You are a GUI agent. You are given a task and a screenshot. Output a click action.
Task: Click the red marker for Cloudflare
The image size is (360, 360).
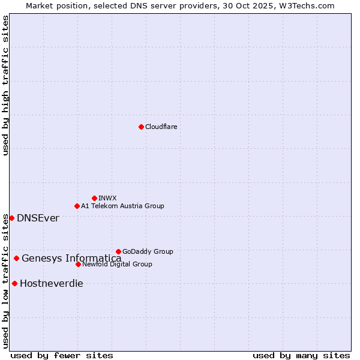(141, 127)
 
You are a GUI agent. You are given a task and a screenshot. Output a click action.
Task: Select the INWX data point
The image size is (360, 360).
(94, 198)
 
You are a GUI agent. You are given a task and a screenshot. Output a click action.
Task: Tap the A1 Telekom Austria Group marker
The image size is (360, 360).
(77, 206)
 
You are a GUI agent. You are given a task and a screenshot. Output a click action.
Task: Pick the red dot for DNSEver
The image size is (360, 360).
(11, 218)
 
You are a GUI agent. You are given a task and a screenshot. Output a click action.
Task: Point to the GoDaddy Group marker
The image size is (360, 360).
(118, 251)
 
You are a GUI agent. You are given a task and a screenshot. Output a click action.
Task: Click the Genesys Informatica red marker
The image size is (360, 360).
(16, 258)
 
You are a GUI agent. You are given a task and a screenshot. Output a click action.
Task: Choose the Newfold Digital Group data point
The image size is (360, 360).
(78, 264)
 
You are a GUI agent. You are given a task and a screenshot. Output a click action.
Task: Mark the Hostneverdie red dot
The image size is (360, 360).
(14, 283)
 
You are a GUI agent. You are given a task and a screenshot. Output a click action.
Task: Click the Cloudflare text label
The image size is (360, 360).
(161, 127)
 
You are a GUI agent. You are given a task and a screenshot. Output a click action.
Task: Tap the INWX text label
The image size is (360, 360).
(107, 198)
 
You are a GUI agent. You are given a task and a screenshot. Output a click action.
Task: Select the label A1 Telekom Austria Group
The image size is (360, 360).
(122, 206)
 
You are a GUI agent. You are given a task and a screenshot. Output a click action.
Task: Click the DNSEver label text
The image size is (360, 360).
(38, 218)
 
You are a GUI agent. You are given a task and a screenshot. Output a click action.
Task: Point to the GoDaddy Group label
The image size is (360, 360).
(148, 251)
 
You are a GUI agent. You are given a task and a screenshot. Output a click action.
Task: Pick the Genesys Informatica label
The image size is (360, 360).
(71, 258)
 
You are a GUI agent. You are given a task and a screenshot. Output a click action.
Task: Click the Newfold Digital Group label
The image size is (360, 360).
(117, 264)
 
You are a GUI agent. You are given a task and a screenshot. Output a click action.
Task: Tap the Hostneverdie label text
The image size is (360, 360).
(52, 283)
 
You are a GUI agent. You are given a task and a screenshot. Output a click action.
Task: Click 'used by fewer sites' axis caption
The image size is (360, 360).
(62, 355)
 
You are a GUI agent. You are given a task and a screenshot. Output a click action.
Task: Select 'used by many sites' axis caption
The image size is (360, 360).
(301, 355)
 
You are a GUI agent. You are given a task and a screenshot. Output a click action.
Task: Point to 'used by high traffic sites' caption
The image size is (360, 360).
(6, 85)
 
